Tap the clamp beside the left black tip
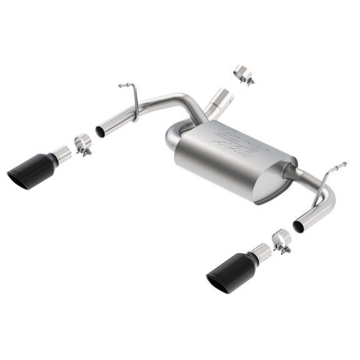(82, 145)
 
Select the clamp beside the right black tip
(281, 241)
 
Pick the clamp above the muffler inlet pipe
(243, 75)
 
